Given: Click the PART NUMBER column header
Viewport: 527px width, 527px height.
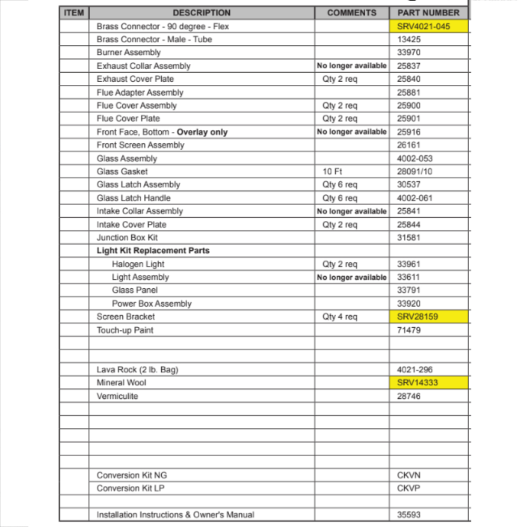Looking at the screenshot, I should pyautogui.click(x=429, y=13).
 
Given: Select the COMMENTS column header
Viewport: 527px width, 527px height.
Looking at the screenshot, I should pyautogui.click(x=352, y=13).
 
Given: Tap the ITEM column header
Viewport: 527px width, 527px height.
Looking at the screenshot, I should pyautogui.click(x=74, y=13).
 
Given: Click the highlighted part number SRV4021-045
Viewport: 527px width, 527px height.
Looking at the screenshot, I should pyautogui.click(x=424, y=26).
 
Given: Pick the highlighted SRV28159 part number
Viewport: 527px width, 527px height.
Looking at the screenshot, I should pyautogui.click(x=417, y=317).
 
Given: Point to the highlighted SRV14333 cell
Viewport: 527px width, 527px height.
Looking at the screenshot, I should pyautogui.click(x=417, y=383).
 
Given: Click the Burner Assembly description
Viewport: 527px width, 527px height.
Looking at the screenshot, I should pyautogui.click(x=129, y=53).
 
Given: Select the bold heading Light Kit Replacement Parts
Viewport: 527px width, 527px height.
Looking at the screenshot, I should pyautogui.click(x=153, y=251).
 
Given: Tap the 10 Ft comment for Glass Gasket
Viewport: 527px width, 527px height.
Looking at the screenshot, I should pyautogui.click(x=332, y=172).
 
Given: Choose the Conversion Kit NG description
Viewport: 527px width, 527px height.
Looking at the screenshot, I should pyautogui.click(x=132, y=475).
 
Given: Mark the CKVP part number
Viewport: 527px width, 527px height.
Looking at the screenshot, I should pyautogui.click(x=408, y=489).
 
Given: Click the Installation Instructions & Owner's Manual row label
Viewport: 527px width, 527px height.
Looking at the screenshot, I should pyautogui.click(x=175, y=515).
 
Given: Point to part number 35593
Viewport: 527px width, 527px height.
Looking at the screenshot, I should pyautogui.click(x=408, y=515).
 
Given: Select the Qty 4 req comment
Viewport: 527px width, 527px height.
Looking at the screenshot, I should pyautogui.click(x=339, y=317).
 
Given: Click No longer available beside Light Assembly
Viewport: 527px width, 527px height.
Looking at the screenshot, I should pyautogui.click(x=352, y=277).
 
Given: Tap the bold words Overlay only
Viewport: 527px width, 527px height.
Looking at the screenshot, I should pyautogui.click(x=202, y=132).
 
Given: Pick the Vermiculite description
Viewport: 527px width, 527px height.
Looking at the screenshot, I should pyautogui.click(x=117, y=396).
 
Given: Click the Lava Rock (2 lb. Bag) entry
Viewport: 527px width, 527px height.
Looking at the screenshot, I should pyautogui.click(x=138, y=370).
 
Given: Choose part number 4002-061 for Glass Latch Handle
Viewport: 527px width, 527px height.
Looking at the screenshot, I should pyautogui.click(x=415, y=198).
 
